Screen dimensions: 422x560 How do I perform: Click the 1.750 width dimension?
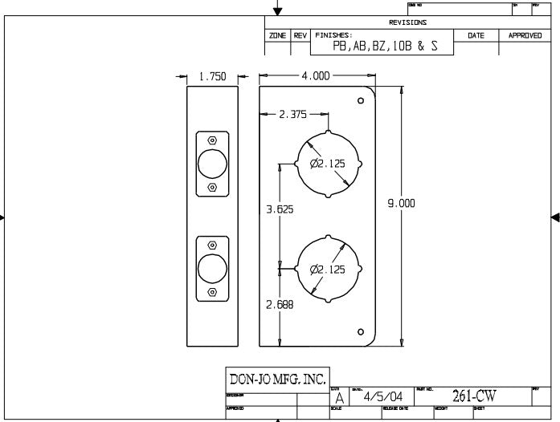213,77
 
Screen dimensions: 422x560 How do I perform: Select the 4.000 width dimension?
316,76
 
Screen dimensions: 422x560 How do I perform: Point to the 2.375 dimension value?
292,115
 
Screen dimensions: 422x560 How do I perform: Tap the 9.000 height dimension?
401,204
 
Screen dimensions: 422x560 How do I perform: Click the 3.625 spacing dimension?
280,210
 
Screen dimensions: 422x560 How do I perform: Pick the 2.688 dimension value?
280,304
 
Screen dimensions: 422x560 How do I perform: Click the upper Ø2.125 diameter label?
328,164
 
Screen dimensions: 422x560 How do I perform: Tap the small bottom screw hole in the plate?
361,331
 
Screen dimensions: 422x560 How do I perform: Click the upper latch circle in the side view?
212,163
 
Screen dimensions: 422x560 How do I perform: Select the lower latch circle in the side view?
212,269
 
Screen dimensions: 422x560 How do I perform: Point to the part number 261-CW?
474,396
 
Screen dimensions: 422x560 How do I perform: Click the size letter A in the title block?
339,398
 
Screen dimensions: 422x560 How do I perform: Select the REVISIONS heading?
408,22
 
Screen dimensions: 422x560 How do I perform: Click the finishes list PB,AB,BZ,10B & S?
386,47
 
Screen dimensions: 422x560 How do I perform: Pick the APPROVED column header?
525,36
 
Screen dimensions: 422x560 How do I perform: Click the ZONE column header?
278,36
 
